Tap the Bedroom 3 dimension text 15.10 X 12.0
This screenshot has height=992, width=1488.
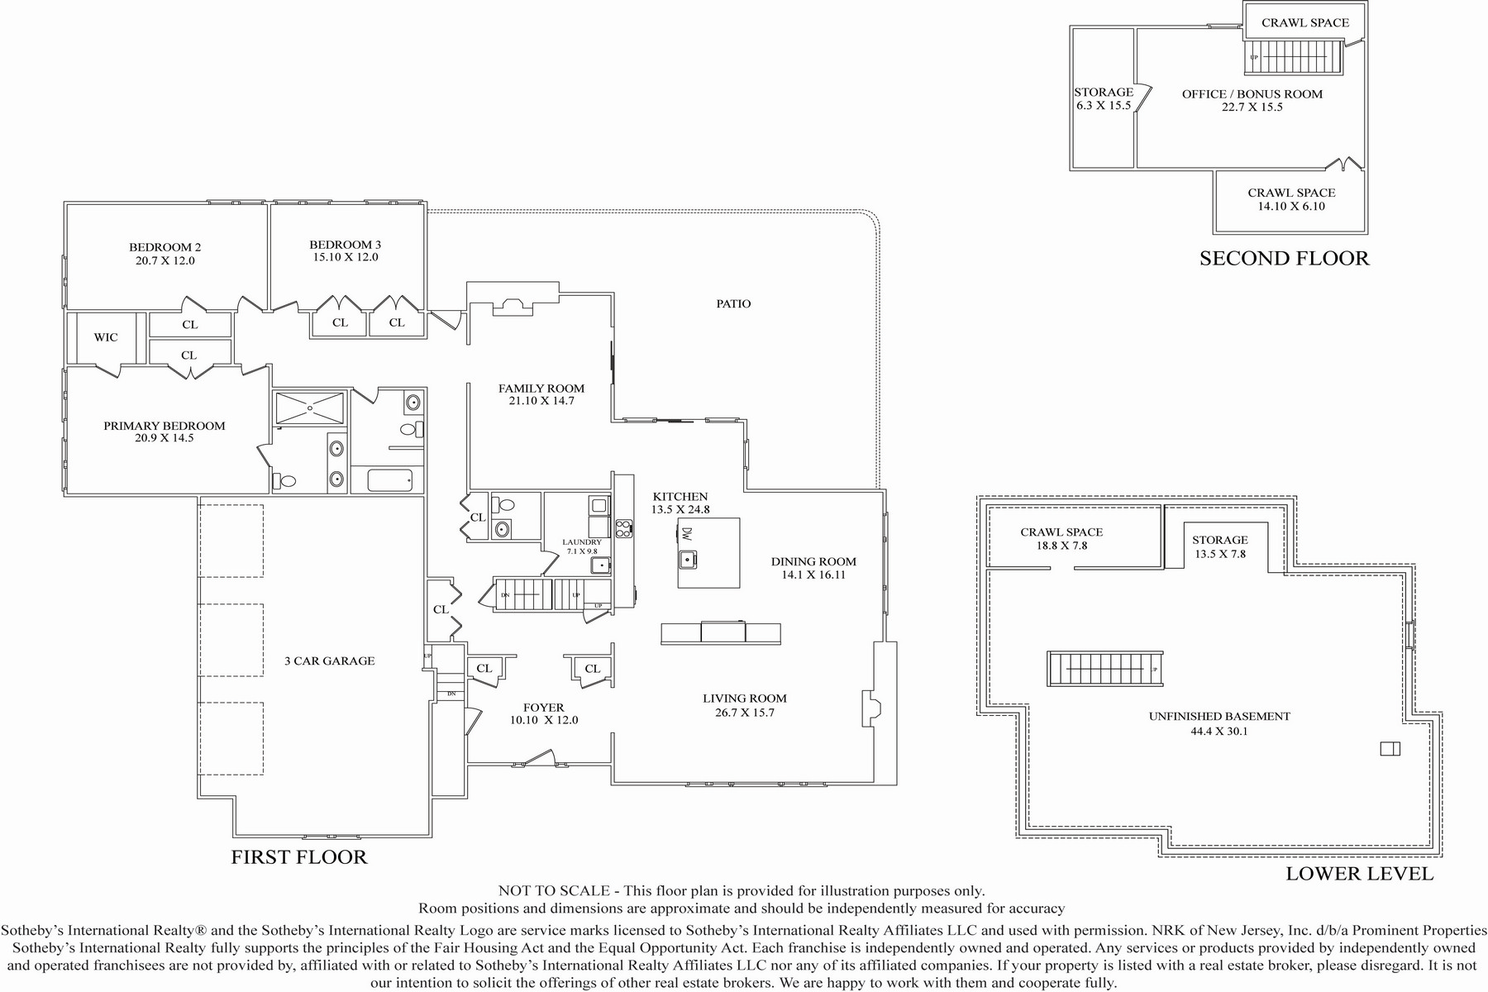click(x=345, y=257)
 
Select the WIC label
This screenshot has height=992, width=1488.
click(x=106, y=337)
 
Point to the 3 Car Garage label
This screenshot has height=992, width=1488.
click(x=330, y=661)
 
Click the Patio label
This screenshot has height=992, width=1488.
click(x=733, y=303)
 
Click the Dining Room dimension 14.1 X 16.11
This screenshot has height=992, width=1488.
click(x=813, y=575)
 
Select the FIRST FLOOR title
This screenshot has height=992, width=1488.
click(x=299, y=856)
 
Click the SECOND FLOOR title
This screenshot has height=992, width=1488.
click(x=1285, y=258)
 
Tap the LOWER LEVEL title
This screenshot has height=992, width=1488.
click(x=1360, y=874)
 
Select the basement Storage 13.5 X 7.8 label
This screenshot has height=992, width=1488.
click(x=1219, y=546)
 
